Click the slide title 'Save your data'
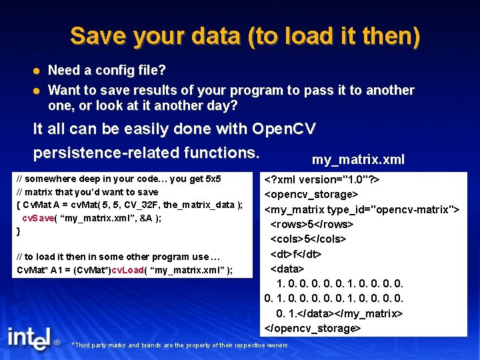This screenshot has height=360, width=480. tap(245, 36)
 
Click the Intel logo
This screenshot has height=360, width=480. tap(29, 338)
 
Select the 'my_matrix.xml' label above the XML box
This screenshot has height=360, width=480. tap(358, 160)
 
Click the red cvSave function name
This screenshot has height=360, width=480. tap(37, 218)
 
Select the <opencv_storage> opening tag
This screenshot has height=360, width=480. tap(311, 194)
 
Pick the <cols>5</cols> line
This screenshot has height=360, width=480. tap(308, 239)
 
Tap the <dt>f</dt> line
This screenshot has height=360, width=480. tap(296, 254)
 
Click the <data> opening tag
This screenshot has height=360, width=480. tap(287, 269)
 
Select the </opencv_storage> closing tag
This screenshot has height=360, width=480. tap(313, 328)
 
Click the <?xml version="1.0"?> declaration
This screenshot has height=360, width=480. tap(321, 179)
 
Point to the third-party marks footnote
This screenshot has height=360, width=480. tap(179, 345)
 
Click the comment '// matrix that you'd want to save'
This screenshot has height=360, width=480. tap(87, 192)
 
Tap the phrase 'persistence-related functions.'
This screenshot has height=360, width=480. tap(146, 153)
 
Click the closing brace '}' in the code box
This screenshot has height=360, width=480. tap(19, 231)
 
